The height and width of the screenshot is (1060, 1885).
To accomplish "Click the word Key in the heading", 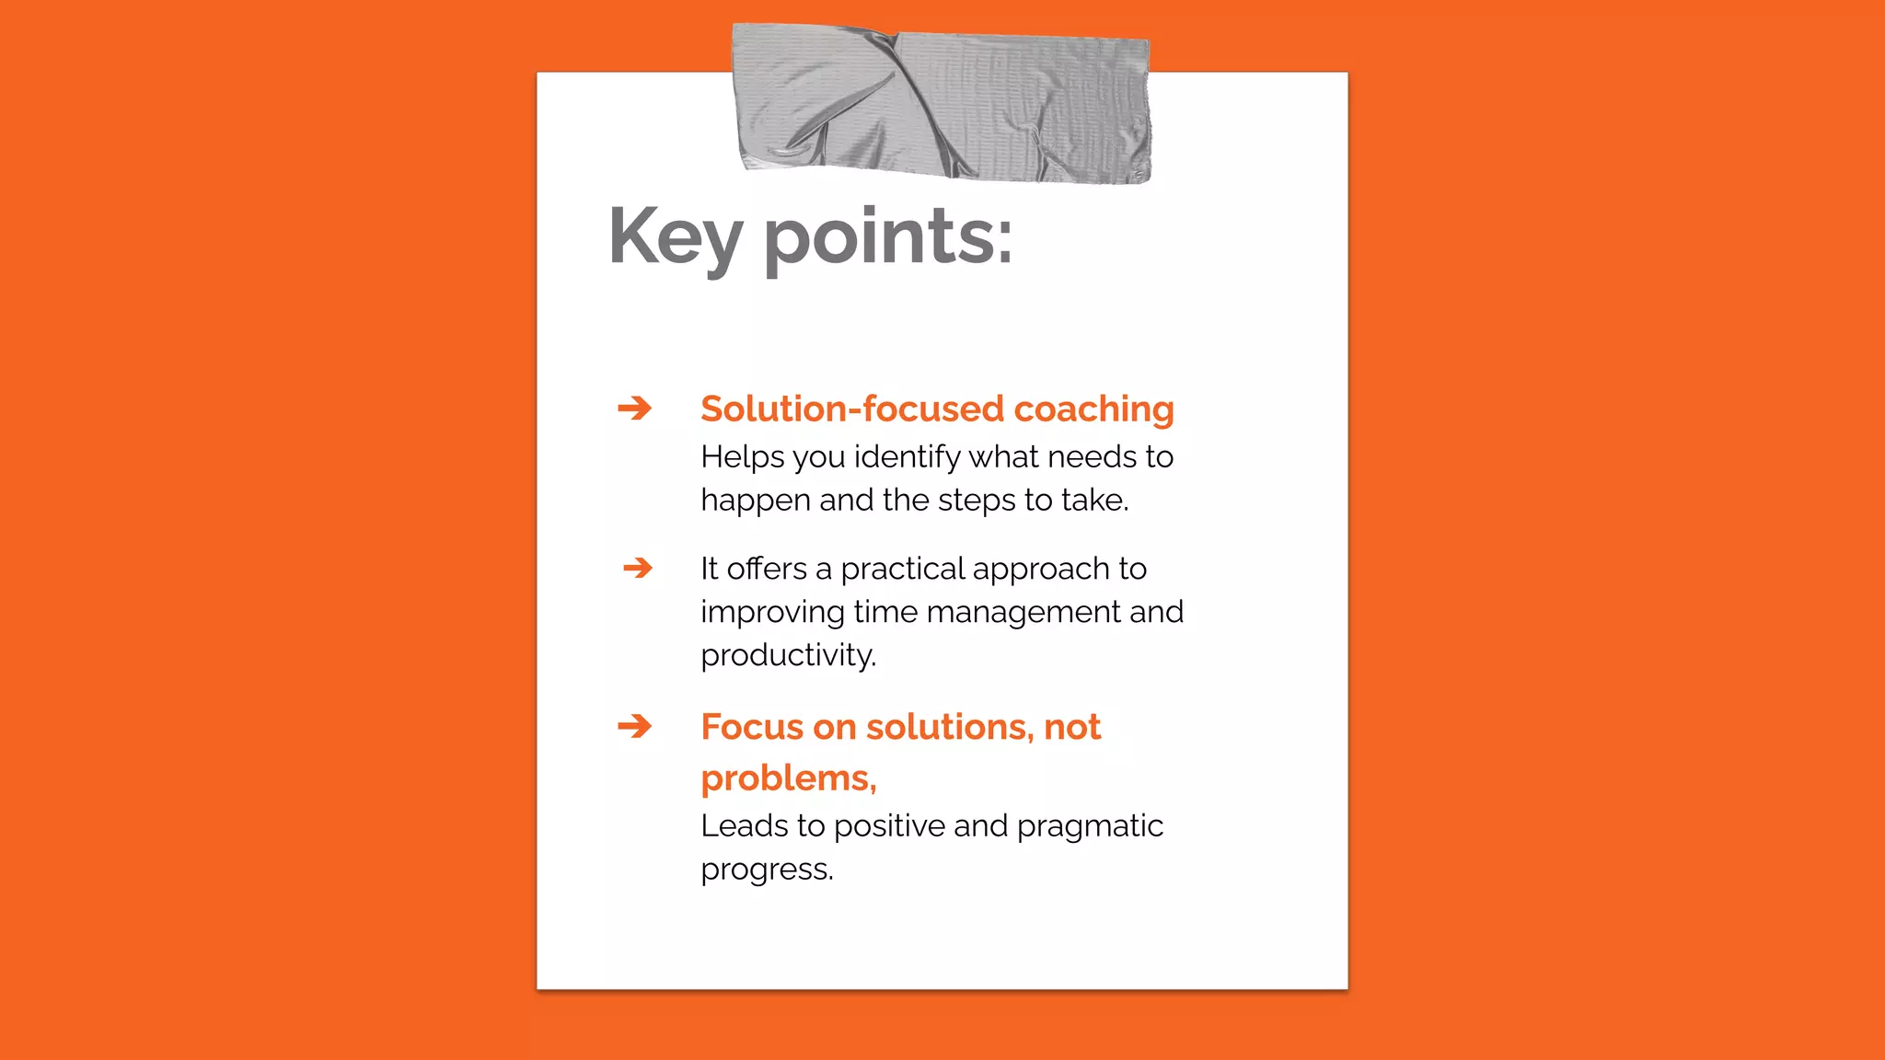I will (x=675, y=237).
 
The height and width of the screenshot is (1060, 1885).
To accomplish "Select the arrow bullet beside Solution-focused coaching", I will (x=635, y=408).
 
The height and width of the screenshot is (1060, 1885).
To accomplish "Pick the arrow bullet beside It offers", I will (x=638, y=568).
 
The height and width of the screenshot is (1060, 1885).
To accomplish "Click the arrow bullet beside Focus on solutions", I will (x=635, y=727).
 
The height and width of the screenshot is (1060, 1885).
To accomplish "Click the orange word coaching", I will (x=1093, y=409).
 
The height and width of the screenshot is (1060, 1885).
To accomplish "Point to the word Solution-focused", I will (x=852, y=409).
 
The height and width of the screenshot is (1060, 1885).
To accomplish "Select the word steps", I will (x=977, y=501).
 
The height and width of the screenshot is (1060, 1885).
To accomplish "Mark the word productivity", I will (x=788, y=656).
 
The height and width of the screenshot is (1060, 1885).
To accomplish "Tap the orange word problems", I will (x=787, y=779).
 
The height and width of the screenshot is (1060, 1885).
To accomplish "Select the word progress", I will (x=766, y=870).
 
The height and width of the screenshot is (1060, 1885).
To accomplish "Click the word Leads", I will (x=744, y=826).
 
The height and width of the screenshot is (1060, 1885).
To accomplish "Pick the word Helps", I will (x=742, y=457).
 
